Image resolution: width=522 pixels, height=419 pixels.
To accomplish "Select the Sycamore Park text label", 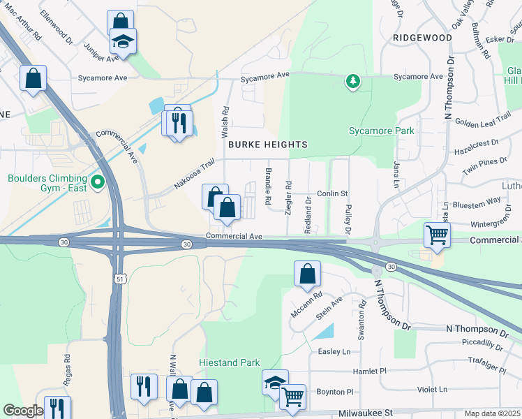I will (x=382, y=131).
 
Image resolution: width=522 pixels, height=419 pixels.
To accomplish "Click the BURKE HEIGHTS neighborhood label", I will (x=267, y=145).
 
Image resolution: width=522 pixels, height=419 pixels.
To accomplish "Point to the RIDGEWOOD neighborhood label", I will (x=422, y=37).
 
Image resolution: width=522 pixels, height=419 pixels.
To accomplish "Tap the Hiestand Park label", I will (x=230, y=362).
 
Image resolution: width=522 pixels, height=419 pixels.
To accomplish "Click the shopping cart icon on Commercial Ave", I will (x=437, y=236).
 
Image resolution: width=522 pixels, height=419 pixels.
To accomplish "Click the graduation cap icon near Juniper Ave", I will (x=124, y=43).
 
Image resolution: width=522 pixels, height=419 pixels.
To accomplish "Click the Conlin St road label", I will (x=332, y=193).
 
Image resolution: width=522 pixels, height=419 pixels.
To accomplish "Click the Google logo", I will (x=24, y=411).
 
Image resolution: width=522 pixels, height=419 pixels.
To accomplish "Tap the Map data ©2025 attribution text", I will (x=492, y=413).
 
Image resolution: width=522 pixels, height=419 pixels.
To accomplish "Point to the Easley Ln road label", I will (x=334, y=352).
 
